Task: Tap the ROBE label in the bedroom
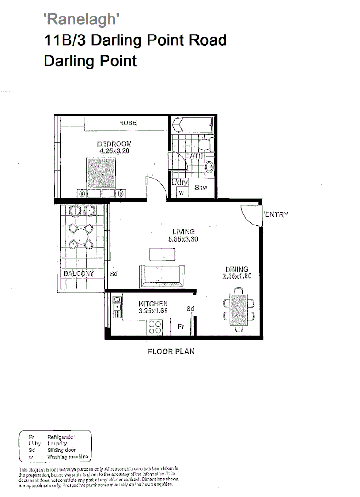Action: click(128, 123)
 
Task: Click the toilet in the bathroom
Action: click(203, 145)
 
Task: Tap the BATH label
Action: click(194, 156)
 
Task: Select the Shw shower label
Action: click(201, 187)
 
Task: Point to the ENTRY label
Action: click(276, 214)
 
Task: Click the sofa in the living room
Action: click(162, 276)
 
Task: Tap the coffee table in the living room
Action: click(162, 254)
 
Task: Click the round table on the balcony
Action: click(81, 236)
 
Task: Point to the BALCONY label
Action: click(79, 273)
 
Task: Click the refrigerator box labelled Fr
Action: click(181, 327)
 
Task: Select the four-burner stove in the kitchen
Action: click(154, 327)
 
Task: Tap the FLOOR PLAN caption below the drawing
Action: click(171, 352)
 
